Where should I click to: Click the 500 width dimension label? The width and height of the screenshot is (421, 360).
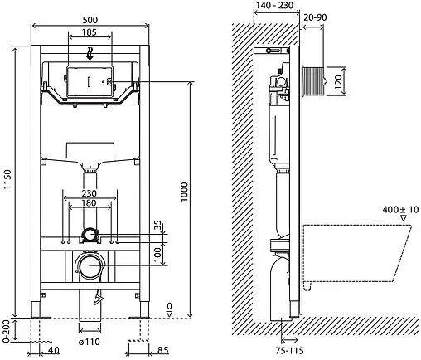(90, 20)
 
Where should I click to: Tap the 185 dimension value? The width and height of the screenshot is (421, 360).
(90, 32)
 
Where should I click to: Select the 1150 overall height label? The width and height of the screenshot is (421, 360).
(8, 180)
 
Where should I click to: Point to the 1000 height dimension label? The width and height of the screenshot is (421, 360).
(184, 192)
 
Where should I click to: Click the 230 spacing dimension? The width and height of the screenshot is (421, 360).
(89, 193)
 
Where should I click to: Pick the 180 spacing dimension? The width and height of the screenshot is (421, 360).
(89, 203)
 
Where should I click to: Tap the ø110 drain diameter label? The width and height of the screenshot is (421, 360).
(89, 342)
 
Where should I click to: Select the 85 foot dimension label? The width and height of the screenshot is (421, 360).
(162, 350)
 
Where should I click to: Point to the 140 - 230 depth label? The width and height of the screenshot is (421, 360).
(274, 5)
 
